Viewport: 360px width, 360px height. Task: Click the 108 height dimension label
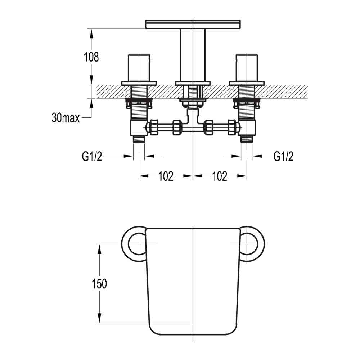click(x=91, y=57)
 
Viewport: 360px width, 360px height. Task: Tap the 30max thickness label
click(x=65, y=118)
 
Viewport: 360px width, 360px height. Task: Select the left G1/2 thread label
click(x=92, y=156)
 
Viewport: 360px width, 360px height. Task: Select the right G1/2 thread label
click(x=283, y=156)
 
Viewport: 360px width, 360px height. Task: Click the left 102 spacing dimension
click(x=166, y=176)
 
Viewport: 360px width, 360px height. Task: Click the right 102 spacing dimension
click(x=220, y=176)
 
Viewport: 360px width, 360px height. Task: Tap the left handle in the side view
click(x=139, y=68)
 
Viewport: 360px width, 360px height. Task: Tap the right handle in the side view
click(x=247, y=68)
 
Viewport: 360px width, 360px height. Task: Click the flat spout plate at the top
click(x=193, y=24)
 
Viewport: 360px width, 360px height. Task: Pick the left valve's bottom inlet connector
click(x=139, y=139)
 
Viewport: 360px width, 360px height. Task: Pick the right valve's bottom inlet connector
click(x=247, y=139)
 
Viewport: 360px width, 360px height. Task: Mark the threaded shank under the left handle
click(x=139, y=108)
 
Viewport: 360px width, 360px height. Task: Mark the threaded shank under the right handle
click(x=247, y=108)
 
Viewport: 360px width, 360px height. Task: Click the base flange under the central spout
click(x=193, y=84)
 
